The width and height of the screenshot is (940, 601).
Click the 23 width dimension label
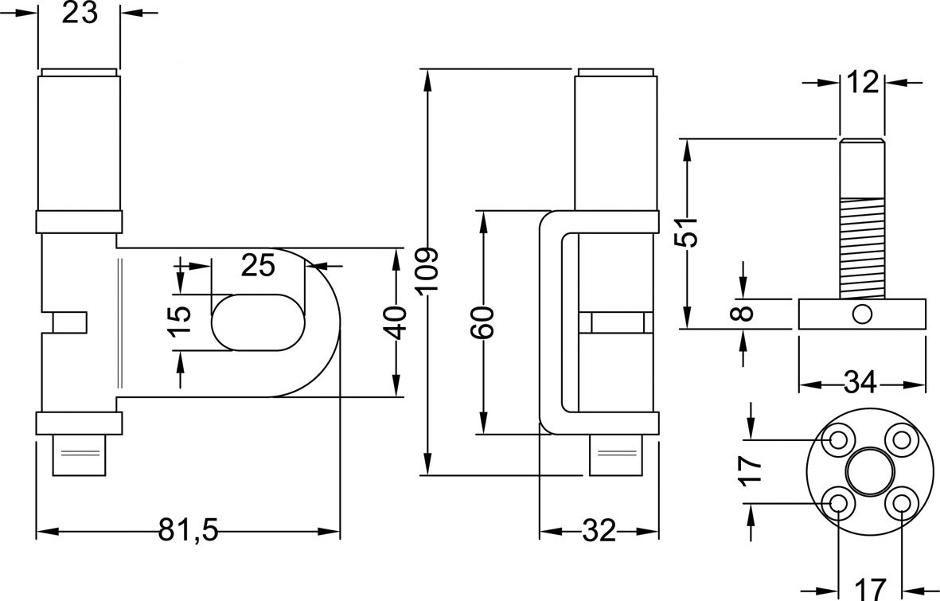[x=79, y=14]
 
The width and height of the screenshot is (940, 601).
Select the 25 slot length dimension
[x=258, y=264]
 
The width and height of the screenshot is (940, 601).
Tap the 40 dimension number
[x=396, y=322]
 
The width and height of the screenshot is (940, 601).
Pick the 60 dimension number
[x=482, y=322]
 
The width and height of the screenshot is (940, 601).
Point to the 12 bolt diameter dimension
[x=862, y=82]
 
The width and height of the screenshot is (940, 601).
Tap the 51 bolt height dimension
[x=687, y=232]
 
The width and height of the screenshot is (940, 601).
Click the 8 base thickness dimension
[x=743, y=313]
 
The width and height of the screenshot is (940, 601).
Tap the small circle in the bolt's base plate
[x=862, y=314]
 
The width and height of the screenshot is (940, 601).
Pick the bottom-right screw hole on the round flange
[x=901, y=503]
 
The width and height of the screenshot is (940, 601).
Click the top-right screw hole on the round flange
[x=901, y=439]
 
